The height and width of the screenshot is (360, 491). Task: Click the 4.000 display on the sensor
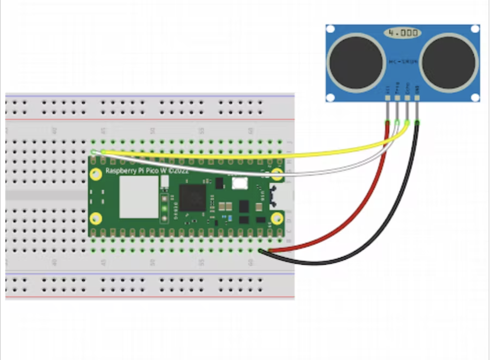[403, 33]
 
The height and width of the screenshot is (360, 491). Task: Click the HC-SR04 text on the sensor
[402, 62]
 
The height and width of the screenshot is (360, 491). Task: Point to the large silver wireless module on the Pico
[139, 197]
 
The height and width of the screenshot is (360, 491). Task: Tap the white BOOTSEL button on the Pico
[240, 183]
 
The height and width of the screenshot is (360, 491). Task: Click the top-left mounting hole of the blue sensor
[331, 29]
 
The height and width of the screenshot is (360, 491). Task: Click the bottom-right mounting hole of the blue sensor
[475, 97]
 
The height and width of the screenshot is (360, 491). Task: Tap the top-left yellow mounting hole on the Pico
[96, 174]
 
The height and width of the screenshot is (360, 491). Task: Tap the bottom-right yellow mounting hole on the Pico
[277, 218]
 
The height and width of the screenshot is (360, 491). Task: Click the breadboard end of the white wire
[94, 152]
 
